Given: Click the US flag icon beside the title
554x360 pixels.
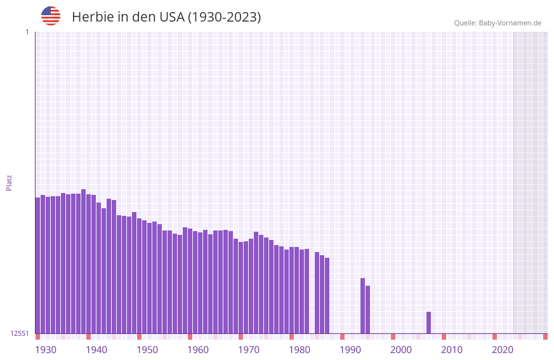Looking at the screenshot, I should tap(51, 16).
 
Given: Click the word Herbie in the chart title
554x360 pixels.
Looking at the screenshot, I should tap(92, 17).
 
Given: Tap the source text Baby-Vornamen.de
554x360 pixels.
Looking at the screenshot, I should tap(510, 23).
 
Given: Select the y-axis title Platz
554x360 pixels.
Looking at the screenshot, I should tap(9, 182).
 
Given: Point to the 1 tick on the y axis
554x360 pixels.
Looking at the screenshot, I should tap(27, 32).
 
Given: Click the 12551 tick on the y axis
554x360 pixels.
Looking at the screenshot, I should tap(20, 333).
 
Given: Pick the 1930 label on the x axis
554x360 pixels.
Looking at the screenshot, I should tap(46, 350).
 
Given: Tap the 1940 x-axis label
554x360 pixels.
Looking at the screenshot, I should tap(96, 350).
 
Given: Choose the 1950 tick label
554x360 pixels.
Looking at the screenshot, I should tap(147, 350).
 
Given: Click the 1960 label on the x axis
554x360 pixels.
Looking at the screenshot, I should tap(198, 350).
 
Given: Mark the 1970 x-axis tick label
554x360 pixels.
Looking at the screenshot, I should tap(249, 350).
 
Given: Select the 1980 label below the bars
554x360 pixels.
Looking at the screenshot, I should tap(300, 350).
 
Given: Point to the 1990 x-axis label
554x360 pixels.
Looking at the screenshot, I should tap(350, 350).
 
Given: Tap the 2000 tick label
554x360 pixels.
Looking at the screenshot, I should tap(401, 350).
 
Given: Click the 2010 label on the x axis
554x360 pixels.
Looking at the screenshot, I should tap(452, 350).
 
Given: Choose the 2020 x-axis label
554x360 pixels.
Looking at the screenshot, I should tap(503, 350).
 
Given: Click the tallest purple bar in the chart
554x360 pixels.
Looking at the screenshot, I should tap(83, 260).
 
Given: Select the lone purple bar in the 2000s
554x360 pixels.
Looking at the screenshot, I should tap(428, 323).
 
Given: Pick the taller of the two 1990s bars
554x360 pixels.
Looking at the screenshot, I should tap(362, 305).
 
